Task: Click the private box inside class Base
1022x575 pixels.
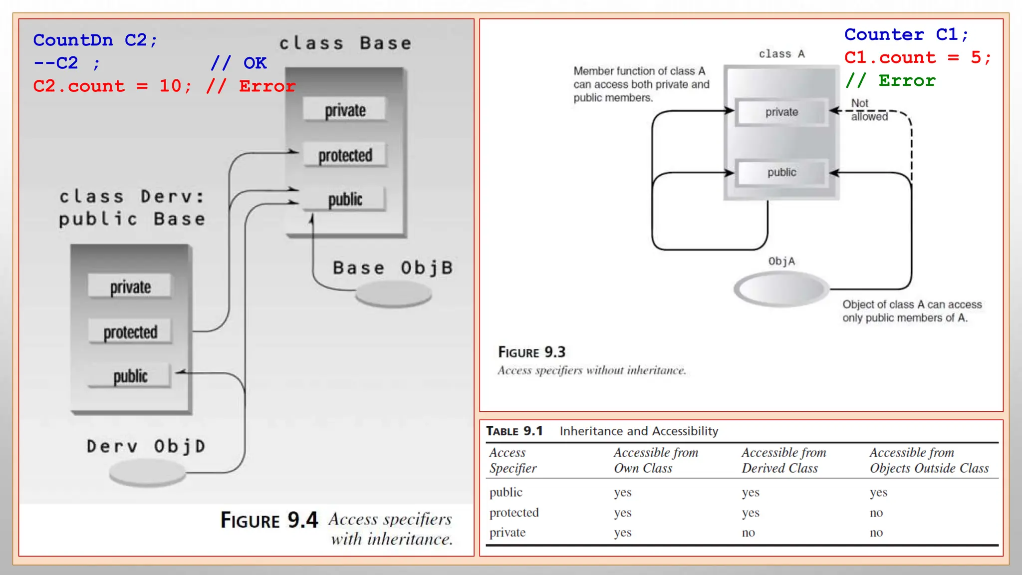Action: pyautogui.click(x=345, y=110)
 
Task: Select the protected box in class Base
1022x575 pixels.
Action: pyautogui.click(x=345, y=155)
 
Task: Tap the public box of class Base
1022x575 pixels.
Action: pyautogui.click(x=345, y=199)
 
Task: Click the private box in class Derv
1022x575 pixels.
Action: pyautogui.click(x=130, y=287)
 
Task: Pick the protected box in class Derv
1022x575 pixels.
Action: pyautogui.click(x=130, y=332)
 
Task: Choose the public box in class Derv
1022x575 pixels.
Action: pyautogui.click(x=130, y=376)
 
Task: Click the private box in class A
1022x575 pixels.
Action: pyautogui.click(x=781, y=112)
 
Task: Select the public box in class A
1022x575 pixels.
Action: pyautogui.click(x=781, y=173)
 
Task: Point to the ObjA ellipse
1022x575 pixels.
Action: pyautogui.click(x=781, y=288)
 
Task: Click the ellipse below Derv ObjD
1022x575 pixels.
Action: pyautogui.click(x=147, y=472)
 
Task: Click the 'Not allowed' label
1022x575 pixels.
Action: pyautogui.click(x=868, y=110)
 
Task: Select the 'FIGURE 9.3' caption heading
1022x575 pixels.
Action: pyautogui.click(x=531, y=352)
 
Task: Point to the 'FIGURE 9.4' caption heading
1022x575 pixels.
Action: pyautogui.click(x=269, y=520)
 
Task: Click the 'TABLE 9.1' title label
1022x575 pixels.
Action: pyautogui.click(x=514, y=431)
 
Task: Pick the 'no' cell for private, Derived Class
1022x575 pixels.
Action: pyautogui.click(x=748, y=533)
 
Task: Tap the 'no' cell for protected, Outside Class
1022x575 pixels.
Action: pyautogui.click(x=876, y=513)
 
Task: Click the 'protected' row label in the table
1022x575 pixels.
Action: pyautogui.click(x=514, y=513)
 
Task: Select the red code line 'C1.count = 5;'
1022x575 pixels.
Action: pyautogui.click(x=917, y=57)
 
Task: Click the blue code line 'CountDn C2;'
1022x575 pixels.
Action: pyautogui.click(x=95, y=40)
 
